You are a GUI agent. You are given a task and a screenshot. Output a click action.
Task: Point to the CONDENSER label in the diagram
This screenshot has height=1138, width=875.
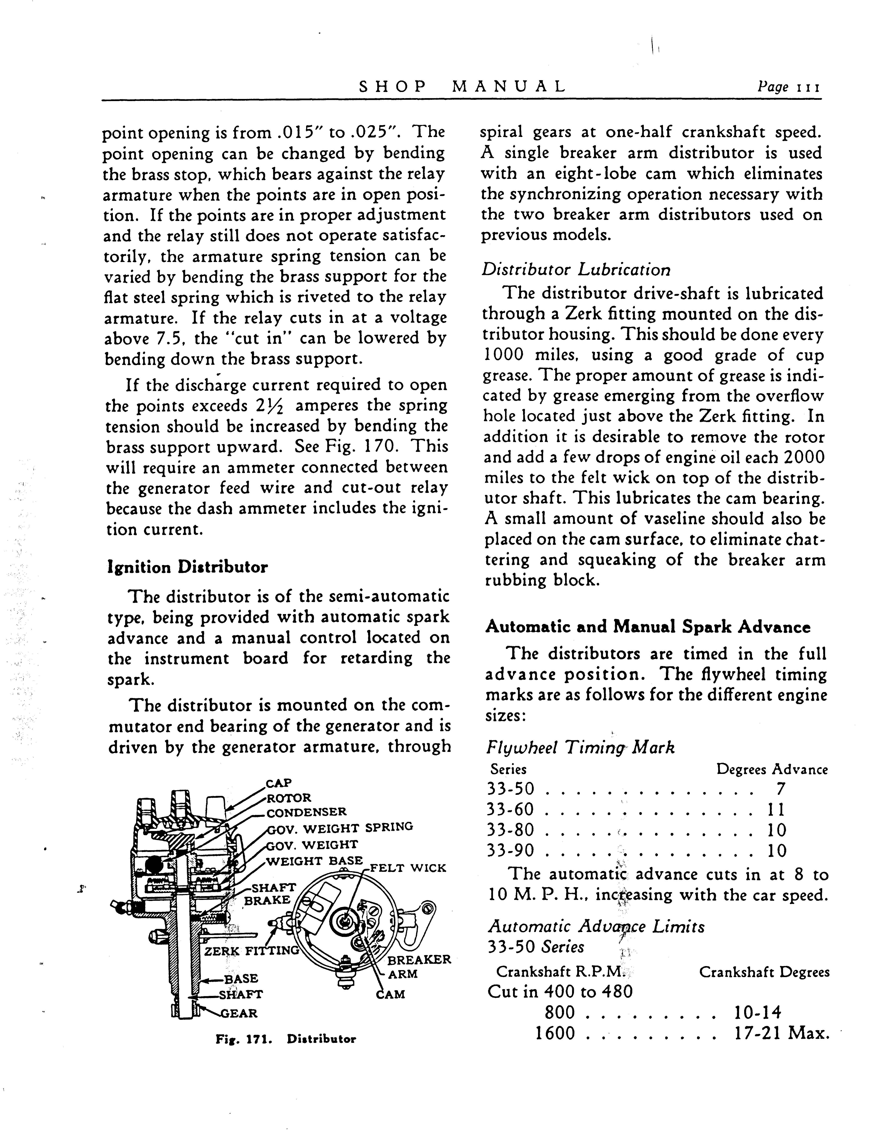coord(306,812)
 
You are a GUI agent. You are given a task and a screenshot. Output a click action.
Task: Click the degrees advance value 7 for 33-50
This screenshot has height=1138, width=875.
coord(780,789)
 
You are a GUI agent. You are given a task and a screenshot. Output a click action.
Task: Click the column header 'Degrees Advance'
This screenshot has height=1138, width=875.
coord(772,769)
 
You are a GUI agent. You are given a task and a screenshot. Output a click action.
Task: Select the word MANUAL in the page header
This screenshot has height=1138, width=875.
coord(509,86)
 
